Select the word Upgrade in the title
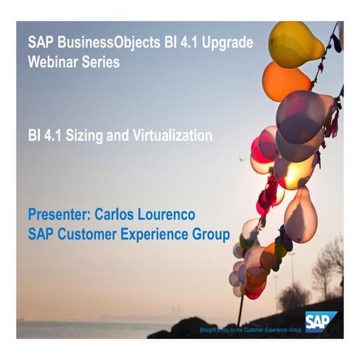225,41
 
